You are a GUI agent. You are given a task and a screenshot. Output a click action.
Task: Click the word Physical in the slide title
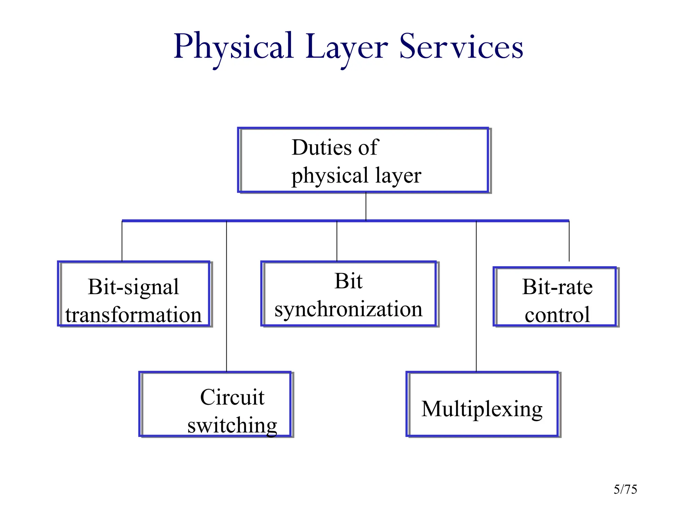click(x=233, y=47)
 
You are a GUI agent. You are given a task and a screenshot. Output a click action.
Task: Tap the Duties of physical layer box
click(x=363, y=160)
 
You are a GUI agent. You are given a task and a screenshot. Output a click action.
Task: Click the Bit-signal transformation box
click(x=134, y=294)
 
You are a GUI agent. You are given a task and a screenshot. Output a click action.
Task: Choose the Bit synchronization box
click(x=348, y=294)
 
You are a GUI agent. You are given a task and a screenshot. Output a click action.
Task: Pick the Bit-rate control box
click(x=555, y=297)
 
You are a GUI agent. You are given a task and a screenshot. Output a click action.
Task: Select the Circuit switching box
click(x=215, y=404)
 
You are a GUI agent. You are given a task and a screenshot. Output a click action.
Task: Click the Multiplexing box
click(x=482, y=404)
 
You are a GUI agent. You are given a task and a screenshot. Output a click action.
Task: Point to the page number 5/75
click(x=625, y=489)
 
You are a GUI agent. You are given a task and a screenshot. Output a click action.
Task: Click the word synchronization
click(x=348, y=309)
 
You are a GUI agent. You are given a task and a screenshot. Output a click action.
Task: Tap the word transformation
click(x=134, y=315)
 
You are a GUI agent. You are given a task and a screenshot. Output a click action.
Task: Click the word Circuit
click(x=232, y=397)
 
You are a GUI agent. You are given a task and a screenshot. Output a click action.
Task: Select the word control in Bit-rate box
click(x=557, y=315)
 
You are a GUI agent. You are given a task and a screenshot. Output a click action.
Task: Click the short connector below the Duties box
click(x=366, y=206)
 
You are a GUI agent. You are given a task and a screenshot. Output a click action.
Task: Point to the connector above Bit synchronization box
click(x=337, y=241)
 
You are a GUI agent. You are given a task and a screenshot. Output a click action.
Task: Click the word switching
click(x=232, y=426)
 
